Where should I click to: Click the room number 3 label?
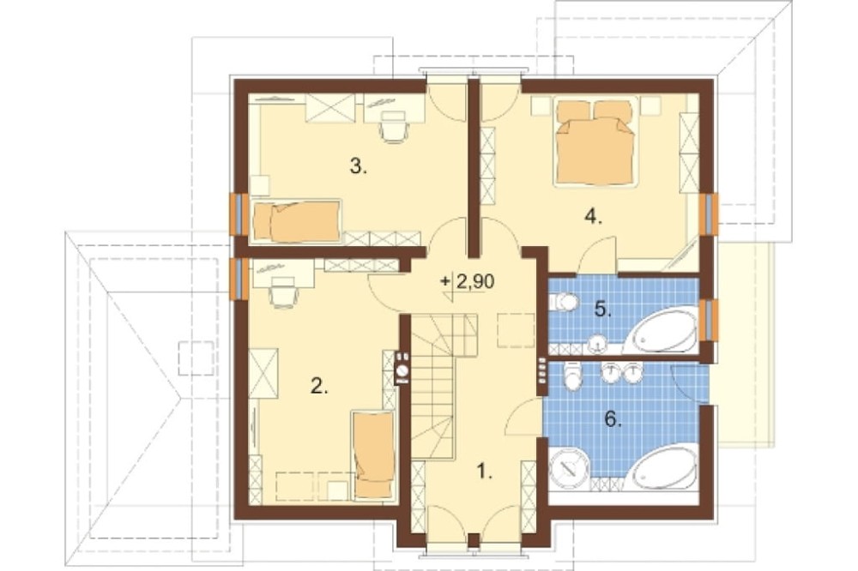tap(359, 166)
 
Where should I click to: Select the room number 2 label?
tap(319, 388)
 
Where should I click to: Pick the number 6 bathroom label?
tap(613, 419)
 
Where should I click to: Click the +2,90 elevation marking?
tap(468, 282)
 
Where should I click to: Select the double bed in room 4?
tap(598, 144)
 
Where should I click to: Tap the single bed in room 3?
tap(296, 221)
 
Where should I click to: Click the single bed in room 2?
tap(374, 455)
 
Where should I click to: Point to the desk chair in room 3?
tap(394, 127)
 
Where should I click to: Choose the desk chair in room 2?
tap(284, 293)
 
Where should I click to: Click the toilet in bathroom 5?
tap(564, 302)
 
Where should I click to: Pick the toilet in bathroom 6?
tap(572, 377)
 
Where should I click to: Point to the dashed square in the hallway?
tap(516, 330)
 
